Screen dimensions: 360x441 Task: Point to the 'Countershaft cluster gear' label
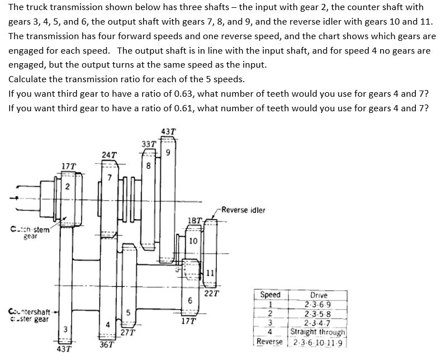tap(29, 315)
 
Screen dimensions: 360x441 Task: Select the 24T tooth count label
tap(110, 154)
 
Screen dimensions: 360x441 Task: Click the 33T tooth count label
tap(150, 144)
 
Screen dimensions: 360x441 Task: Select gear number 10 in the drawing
tap(192, 241)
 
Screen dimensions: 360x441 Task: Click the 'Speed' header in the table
tap(271, 295)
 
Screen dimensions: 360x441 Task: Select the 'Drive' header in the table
tap(318, 295)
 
